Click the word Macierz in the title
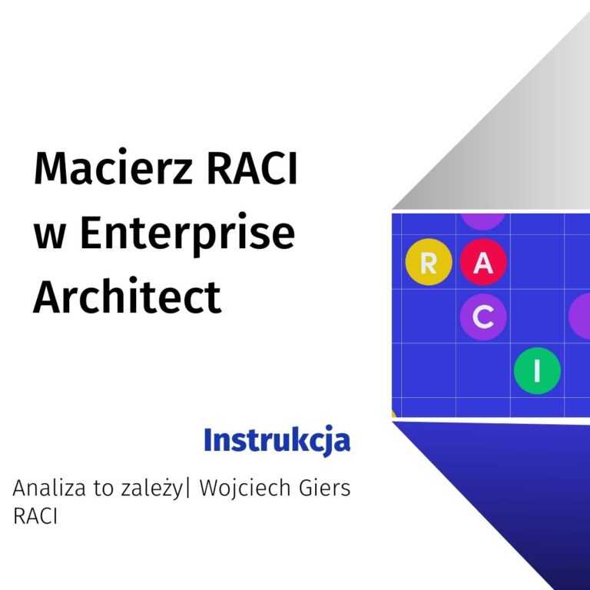[113, 167]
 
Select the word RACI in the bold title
[253, 167]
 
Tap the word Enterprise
[187, 234]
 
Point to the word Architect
[128, 296]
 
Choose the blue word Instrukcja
[277, 440]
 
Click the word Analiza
[49, 488]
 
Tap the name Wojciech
[245, 489]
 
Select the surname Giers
[325, 488]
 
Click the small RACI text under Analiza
[35, 516]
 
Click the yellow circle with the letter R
[429, 262]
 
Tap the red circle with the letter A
[483, 262]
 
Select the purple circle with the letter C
[483, 317]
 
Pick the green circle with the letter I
[537, 371]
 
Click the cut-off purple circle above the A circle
[483, 221]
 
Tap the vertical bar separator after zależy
[187, 489]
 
